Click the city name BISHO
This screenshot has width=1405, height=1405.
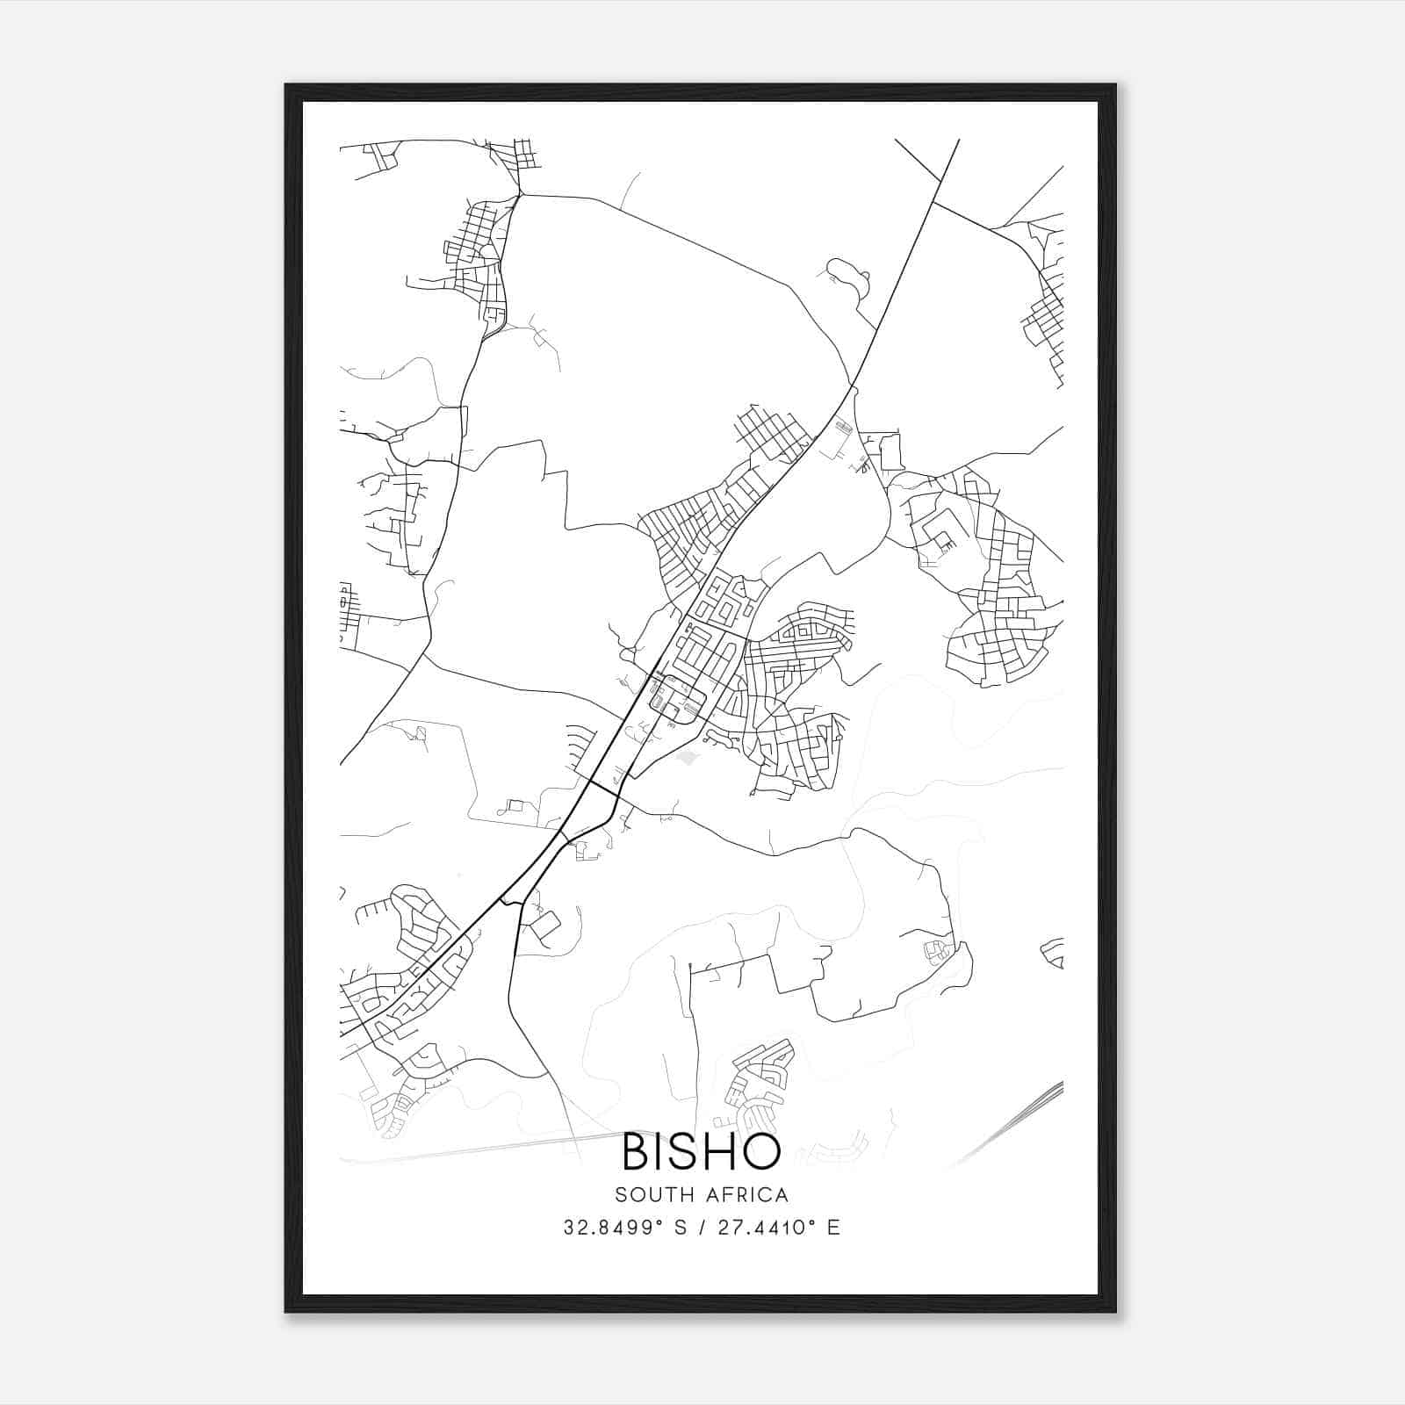coord(702,1151)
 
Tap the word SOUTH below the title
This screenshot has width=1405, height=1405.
coord(650,1195)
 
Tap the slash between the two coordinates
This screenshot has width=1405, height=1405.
coord(702,1228)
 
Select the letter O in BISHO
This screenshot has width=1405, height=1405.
coord(760,1151)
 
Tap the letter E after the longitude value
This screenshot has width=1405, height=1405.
coord(833,1228)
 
